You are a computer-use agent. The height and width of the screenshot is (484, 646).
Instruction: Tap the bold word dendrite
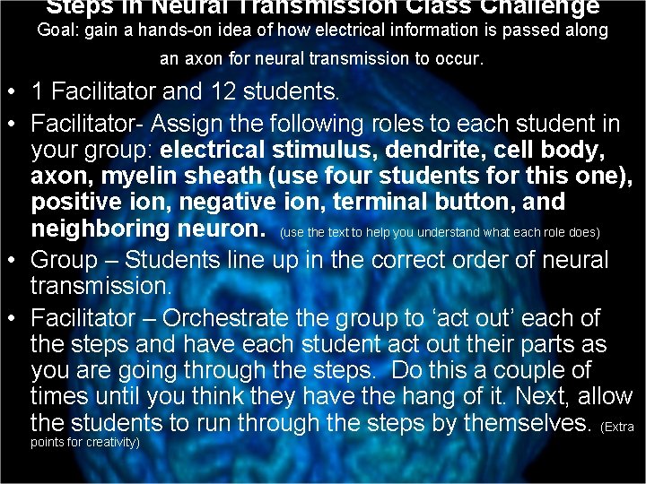[x=466, y=149]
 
